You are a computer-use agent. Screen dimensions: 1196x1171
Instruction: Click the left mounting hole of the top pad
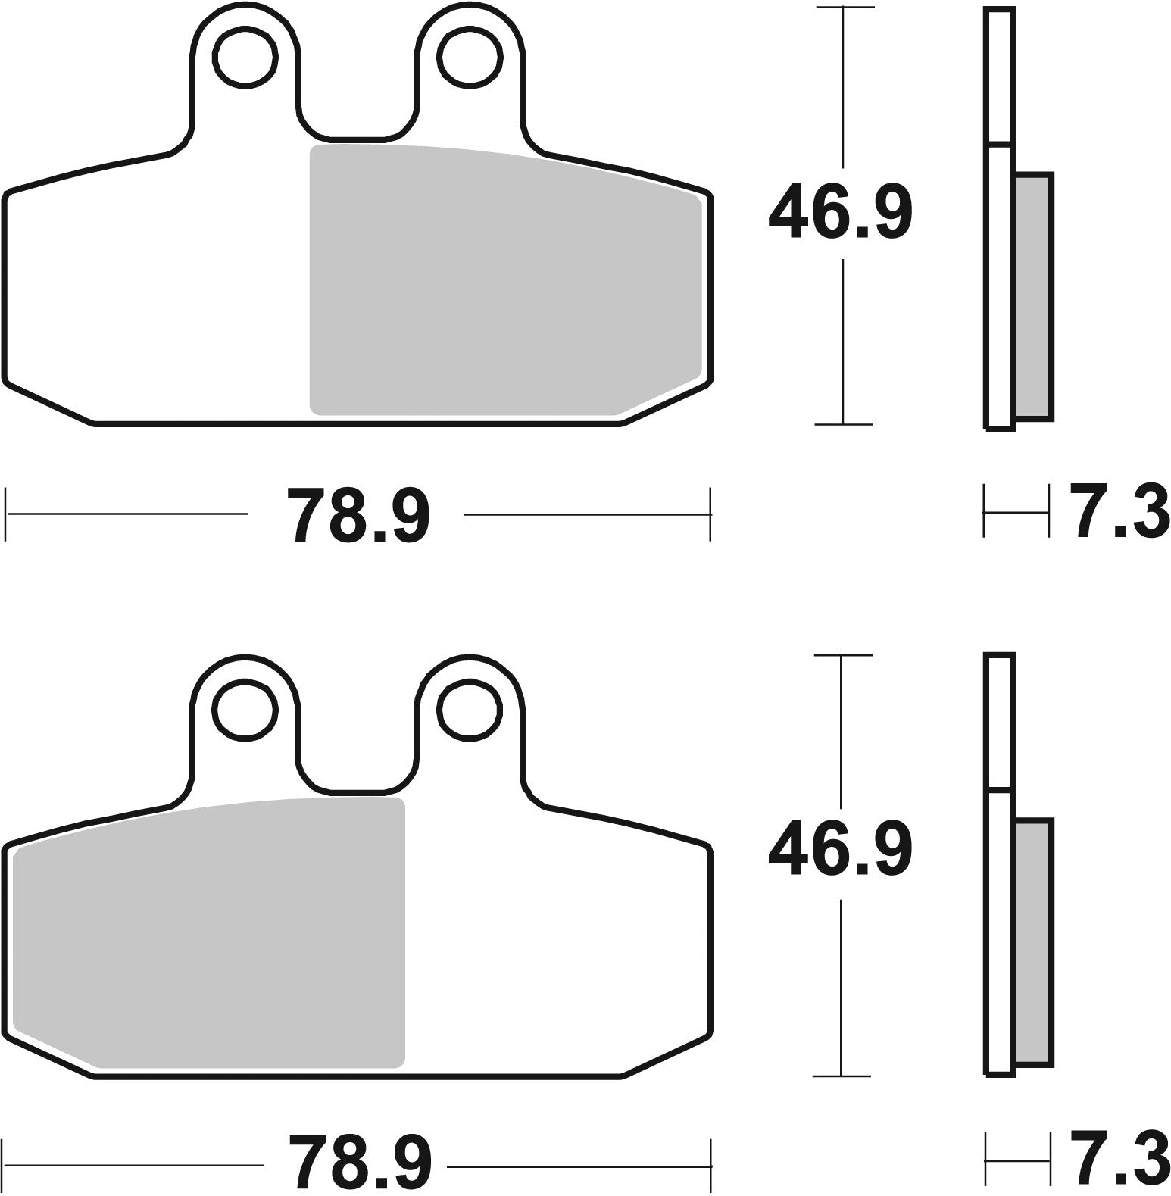(x=245, y=58)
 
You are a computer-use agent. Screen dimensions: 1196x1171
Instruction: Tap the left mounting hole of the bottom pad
(x=245, y=709)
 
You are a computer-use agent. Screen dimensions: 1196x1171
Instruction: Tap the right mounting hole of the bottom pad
(x=470, y=709)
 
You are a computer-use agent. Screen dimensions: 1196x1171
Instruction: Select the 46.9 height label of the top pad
(x=840, y=211)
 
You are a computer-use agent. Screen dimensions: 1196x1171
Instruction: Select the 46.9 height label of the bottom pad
(x=840, y=848)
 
